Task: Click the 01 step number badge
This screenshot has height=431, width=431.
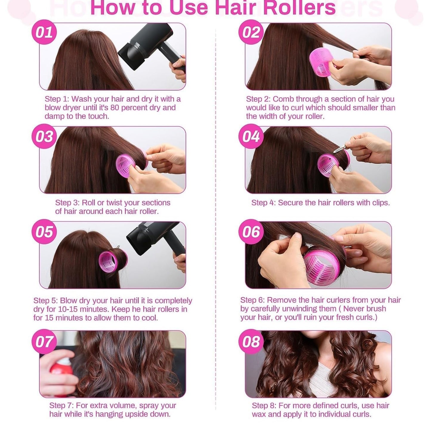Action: pos(44,32)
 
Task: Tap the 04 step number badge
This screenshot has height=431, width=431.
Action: pos(251,136)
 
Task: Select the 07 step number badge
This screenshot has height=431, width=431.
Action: pos(44,342)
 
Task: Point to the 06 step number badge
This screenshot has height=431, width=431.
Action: pos(251,232)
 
